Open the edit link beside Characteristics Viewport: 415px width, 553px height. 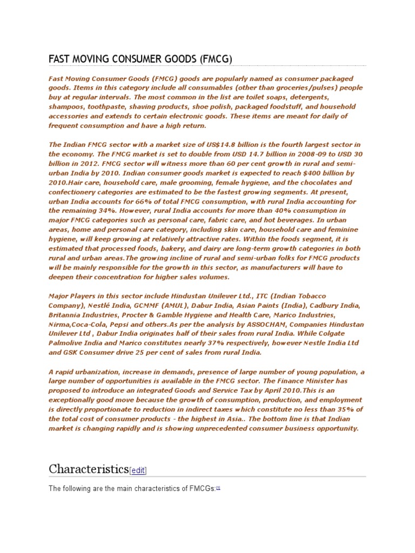(138, 470)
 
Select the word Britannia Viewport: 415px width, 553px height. (65, 315)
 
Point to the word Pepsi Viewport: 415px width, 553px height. (118, 324)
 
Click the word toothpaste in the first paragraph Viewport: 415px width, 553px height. (101, 106)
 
